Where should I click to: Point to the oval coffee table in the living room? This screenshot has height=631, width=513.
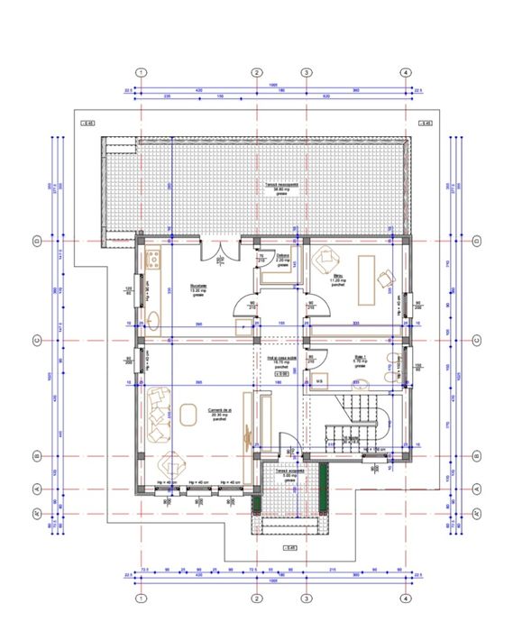188,414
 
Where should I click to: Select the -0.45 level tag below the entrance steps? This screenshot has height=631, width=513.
289,547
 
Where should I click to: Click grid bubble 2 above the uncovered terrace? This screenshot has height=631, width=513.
256,72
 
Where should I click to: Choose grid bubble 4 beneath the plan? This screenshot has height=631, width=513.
405,598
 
